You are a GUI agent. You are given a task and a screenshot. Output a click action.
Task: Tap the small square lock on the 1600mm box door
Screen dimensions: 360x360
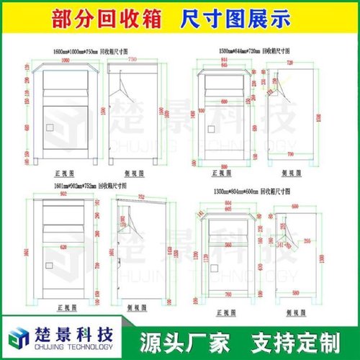click(x=50, y=130)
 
